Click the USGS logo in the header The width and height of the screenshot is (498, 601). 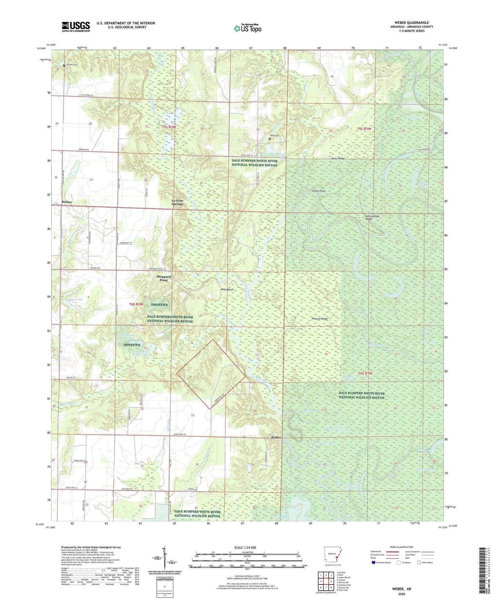tap(76, 27)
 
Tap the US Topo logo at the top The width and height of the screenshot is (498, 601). tap(247, 28)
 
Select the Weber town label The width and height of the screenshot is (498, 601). tap(276, 437)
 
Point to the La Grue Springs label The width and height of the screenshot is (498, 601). tap(177, 202)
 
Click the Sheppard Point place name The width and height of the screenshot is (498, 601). tap(163, 278)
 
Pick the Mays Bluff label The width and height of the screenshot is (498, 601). tap(227, 289)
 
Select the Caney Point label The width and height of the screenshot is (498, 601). tap(318, 191)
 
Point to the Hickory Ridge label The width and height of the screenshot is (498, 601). tap(319, 319)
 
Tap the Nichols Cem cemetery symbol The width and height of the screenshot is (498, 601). tap(64, 65)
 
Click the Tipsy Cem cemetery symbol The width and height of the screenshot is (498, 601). tap(270, 139)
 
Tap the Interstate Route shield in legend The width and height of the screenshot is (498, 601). tap(374, 562)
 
